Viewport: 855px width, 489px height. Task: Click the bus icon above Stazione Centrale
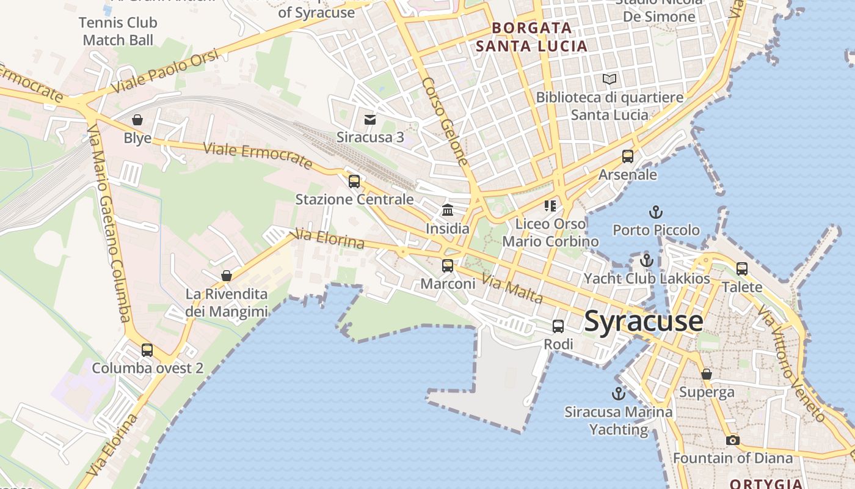click(x=354, y=182)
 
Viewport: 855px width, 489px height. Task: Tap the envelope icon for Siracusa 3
click(x=370, y=119)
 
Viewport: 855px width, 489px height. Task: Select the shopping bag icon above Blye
click(x=137, y=120)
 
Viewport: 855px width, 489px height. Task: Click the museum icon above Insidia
click(x=448, y=210)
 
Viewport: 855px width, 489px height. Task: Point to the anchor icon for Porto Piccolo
click(x=655, y=213)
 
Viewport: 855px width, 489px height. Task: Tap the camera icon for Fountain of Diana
click(x=732, y=440)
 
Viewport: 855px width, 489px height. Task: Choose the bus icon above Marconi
click(x=448, y=266)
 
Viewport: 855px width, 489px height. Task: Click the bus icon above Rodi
click(x=558, y=326)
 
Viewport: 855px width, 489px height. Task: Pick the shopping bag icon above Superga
click(x=707, y=374)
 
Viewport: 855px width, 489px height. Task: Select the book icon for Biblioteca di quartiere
click(x=609, y=79)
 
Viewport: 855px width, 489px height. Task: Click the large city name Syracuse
click(x=644, y=322)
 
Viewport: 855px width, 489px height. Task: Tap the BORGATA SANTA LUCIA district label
click(x=531, y=37)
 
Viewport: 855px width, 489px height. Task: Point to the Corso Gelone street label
click(x=445, y=122)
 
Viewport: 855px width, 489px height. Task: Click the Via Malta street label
click(x=512, y=289)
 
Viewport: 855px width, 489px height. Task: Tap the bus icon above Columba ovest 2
click(x=147, y=350)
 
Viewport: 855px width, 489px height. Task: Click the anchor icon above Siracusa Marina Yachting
click(x=619, y=394)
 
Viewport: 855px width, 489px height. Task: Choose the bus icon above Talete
click(x=742, y=268)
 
